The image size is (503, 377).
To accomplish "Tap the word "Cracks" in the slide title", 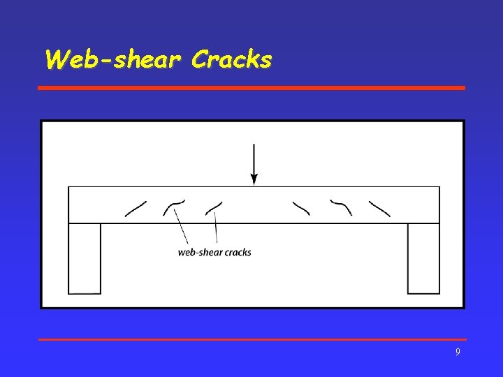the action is pos(231,60).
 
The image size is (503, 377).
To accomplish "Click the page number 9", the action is pos(458,353).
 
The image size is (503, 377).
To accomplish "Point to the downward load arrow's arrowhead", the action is pos(254,179).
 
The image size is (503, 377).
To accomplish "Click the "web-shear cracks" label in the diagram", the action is pos(214,252).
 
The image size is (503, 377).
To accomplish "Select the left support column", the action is pos(85,258).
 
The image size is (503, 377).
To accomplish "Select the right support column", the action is pos(423,258).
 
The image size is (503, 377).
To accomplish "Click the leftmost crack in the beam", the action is pos(136,209).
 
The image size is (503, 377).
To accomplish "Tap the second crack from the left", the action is pos(174,205).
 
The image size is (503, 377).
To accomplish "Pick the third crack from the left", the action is pos(214,208).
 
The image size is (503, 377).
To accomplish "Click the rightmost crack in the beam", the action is pos(380,208).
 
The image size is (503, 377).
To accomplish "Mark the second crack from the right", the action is pos(341,207).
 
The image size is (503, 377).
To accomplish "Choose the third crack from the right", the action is pos(302,207).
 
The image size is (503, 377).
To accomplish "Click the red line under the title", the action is pos(251,88).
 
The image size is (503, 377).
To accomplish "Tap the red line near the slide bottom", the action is pos(251,339).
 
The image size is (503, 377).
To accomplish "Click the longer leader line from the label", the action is pos(180,228).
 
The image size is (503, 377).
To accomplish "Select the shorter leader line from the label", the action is pos(216,229).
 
